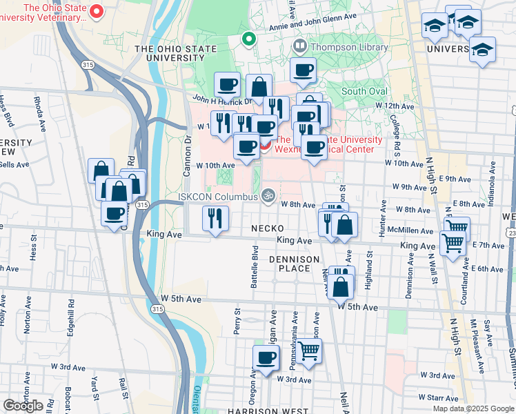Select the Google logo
(x=23, y=406)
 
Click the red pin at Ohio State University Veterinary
(x=97, y=11)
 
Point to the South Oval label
(x=364, y=91)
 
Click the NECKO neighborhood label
(x=268, y=228)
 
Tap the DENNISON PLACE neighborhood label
(x=295, y=264)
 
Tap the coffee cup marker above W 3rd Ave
(x=266, y=358)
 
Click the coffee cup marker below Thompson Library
(x=304, y=69)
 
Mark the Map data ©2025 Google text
(x=473, y=408)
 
